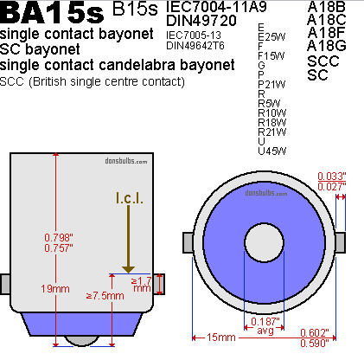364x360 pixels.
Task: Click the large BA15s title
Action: (x=52, y=12)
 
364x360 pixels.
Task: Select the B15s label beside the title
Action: (x=135, y=9)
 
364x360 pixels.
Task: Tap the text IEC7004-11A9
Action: (x=216, y=7)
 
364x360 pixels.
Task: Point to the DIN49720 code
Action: (x=201, y=21)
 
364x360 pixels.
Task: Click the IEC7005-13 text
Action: (x=194, y=35)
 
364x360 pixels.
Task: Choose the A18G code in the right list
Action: (x=327, y=46)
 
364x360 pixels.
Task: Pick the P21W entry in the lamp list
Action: (x=271, y=85)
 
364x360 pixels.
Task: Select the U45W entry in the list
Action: (x=272, y=151)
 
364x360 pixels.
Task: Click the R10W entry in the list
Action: (x=272, y=112)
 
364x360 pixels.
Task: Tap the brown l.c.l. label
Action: (x=130, y=198)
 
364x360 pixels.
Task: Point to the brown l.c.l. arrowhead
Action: (x=128, y=269)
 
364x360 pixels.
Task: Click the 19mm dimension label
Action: (x=55, y=289)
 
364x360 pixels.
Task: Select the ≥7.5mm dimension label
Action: (x=105, y=296)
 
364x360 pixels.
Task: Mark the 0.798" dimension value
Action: (x=59, y=238)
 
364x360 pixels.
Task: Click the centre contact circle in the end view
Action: (x=264, y=242)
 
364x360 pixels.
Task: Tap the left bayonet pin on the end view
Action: (x=188, y=242)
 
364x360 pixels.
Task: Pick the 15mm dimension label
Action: (x=221, y=337)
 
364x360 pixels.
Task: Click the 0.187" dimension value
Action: (x=265, y=321)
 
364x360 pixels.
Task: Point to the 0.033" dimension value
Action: (x=332, y=176)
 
